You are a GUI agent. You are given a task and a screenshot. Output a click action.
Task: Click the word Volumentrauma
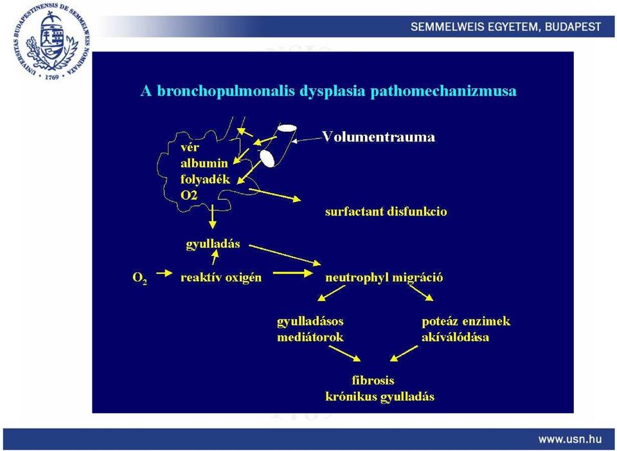379,137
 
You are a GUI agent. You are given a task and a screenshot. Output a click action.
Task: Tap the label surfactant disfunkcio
386,212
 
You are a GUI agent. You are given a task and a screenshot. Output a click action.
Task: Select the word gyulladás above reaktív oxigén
213,244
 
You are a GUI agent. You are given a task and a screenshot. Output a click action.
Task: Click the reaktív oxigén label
220,278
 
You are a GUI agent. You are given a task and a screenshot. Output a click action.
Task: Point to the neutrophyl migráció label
384,278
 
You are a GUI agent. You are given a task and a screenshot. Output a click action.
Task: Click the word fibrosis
373,380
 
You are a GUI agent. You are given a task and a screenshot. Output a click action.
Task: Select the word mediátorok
310,338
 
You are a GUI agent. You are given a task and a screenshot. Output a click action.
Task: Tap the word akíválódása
455,338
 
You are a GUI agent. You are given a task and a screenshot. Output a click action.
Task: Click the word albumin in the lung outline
204,163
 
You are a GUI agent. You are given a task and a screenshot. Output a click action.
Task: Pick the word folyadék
205,179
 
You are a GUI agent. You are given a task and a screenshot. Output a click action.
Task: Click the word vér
190,147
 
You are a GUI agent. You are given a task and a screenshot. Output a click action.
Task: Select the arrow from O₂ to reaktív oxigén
164,273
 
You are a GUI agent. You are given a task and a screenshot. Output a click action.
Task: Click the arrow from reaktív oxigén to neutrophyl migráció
293,273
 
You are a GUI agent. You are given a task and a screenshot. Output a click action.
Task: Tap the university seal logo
51,41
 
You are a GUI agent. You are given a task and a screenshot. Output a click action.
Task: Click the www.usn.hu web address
570,439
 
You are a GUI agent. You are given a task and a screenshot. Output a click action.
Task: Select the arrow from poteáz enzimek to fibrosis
404,353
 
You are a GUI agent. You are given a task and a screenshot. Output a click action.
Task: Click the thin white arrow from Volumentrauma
308,139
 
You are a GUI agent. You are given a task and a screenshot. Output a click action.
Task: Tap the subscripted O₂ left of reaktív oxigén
140,279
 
